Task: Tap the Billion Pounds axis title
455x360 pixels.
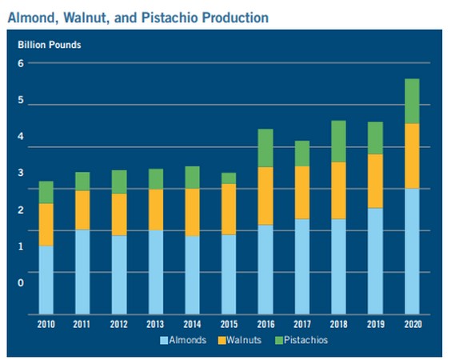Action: (x=50, y=45)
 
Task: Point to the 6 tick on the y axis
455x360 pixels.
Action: (x=21, y=63)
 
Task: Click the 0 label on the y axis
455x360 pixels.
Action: (x=21, y=282)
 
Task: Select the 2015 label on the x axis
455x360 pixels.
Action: (x=229, y=324)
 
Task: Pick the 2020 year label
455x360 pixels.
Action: (x=413, y=324)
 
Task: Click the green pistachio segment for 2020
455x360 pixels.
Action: (x=412, y=101)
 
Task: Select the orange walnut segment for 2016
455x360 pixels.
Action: (x=265, y=196)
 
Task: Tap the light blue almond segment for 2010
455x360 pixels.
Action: (x=46, y=280)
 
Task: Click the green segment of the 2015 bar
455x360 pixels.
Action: (x=229, y=178)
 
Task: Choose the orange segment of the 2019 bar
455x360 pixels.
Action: (x=375, y=181)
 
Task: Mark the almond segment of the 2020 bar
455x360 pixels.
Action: (x=412, y=251)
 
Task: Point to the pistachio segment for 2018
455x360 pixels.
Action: (x=338, y=142)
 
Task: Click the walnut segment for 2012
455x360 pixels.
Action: (x=119, y=214)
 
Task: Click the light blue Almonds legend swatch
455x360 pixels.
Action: (x=164, y=340)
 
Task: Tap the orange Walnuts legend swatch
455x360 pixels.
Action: (x=222, y=340)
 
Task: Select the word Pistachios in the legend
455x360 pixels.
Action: (x=305, y=340)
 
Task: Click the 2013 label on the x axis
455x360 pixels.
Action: (x=155, y=324)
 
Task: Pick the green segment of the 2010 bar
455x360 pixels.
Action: (x=46, y=192)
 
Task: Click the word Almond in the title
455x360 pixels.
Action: (x=31, y=18)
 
